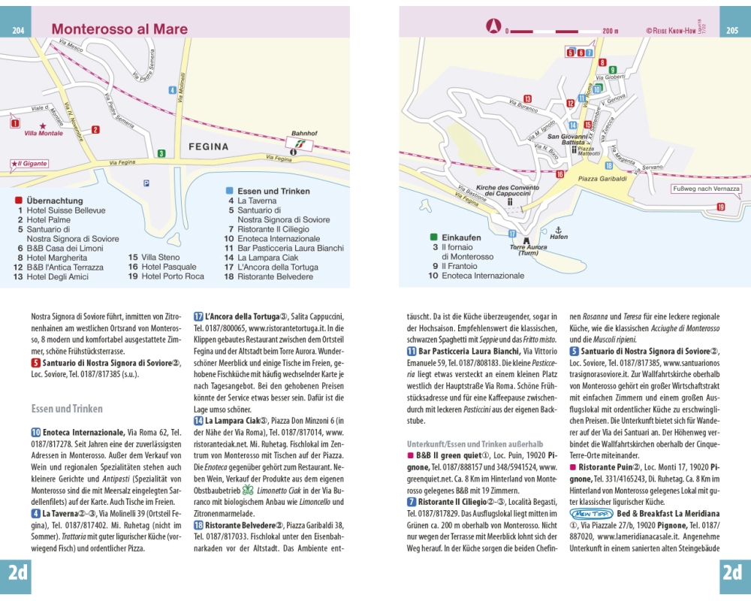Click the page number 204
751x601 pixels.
[17, 31]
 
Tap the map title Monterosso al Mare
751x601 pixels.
[119, 29]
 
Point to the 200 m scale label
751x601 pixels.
[610, 31]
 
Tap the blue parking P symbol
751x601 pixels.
[146, 183]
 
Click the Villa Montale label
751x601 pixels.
[44, 134]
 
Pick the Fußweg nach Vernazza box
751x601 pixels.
[706, 189]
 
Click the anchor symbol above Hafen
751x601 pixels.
[557, 228]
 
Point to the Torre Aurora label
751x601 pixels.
[528, 247]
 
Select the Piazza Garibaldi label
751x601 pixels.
[602, 179]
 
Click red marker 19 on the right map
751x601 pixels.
[721, 207]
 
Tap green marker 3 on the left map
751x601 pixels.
[161, 153]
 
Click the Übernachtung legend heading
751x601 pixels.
[54, 201]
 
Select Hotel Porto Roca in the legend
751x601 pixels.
[172, 276]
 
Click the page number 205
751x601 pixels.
[733, 31]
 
